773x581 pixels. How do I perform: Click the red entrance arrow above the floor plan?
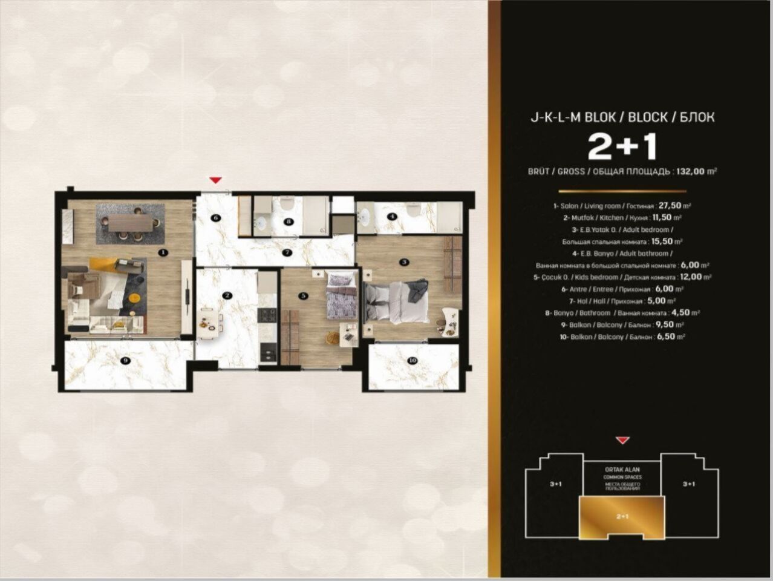(x=215, y=180)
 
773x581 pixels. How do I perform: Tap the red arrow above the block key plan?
(x=622, y=441)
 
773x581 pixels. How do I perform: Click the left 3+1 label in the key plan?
(x=556, y=484)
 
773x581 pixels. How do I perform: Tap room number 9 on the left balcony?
(x=126, y=361)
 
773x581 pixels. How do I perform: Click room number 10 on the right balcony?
(x=413, y=361)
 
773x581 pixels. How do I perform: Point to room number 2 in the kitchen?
(x=227, y=296)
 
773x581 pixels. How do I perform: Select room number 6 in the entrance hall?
(x=215, y=217)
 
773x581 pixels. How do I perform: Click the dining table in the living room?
(x=131, y=223)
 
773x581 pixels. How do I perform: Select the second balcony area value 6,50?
(x=668, y=337)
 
